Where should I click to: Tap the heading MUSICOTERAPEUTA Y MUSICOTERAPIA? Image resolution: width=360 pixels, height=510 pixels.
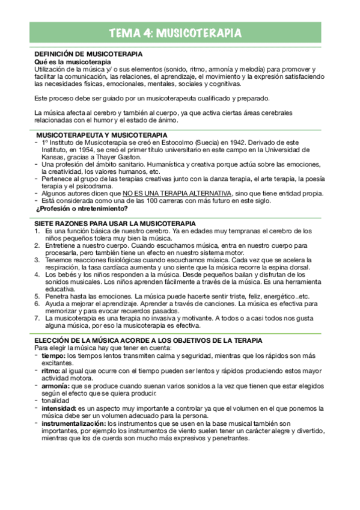point(102,135)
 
